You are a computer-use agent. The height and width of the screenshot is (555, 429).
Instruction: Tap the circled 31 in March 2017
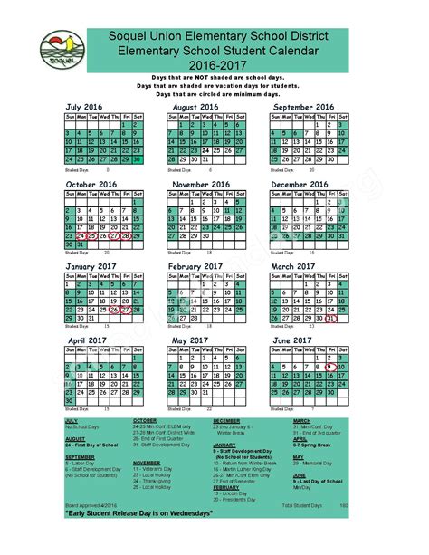pyautogui.click(x=331, y=318)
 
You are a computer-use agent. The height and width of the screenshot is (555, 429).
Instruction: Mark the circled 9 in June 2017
pyautogui.click(x=331, y=366)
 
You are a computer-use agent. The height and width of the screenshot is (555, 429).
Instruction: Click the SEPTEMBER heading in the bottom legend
pyautogui.click(x=81, y=456)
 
